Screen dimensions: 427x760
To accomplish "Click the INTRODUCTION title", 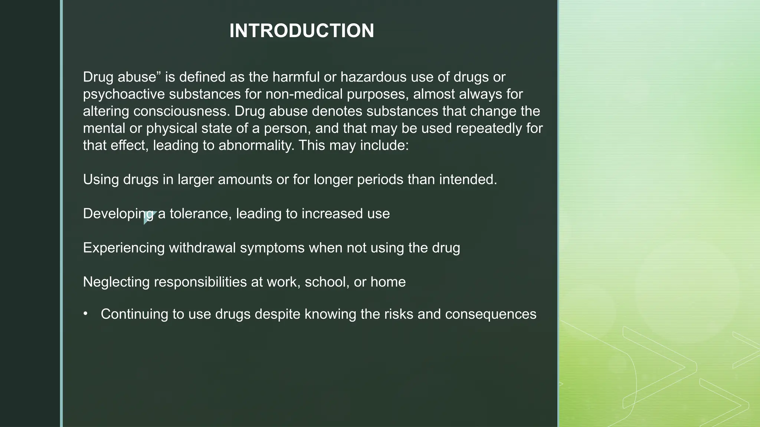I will pyautogui.click(x=302, y=30).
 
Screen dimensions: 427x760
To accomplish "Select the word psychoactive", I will pyautogui.click(x=124, y=94).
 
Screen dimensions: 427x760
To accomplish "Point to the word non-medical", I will pyautogui.click(x=304, y=94).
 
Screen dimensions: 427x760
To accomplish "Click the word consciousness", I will pyautogui.click(x=182, y=111).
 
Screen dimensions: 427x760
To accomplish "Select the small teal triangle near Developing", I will pyautogui.click(x=148, y=217).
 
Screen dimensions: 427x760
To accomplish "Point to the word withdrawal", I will pyautogui.click(x=202, y=248).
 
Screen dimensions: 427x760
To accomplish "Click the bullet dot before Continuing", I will pyautogui.click(x=86, y=314).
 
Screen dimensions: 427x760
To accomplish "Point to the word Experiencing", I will pyautogui.click(x=124, y=248).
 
